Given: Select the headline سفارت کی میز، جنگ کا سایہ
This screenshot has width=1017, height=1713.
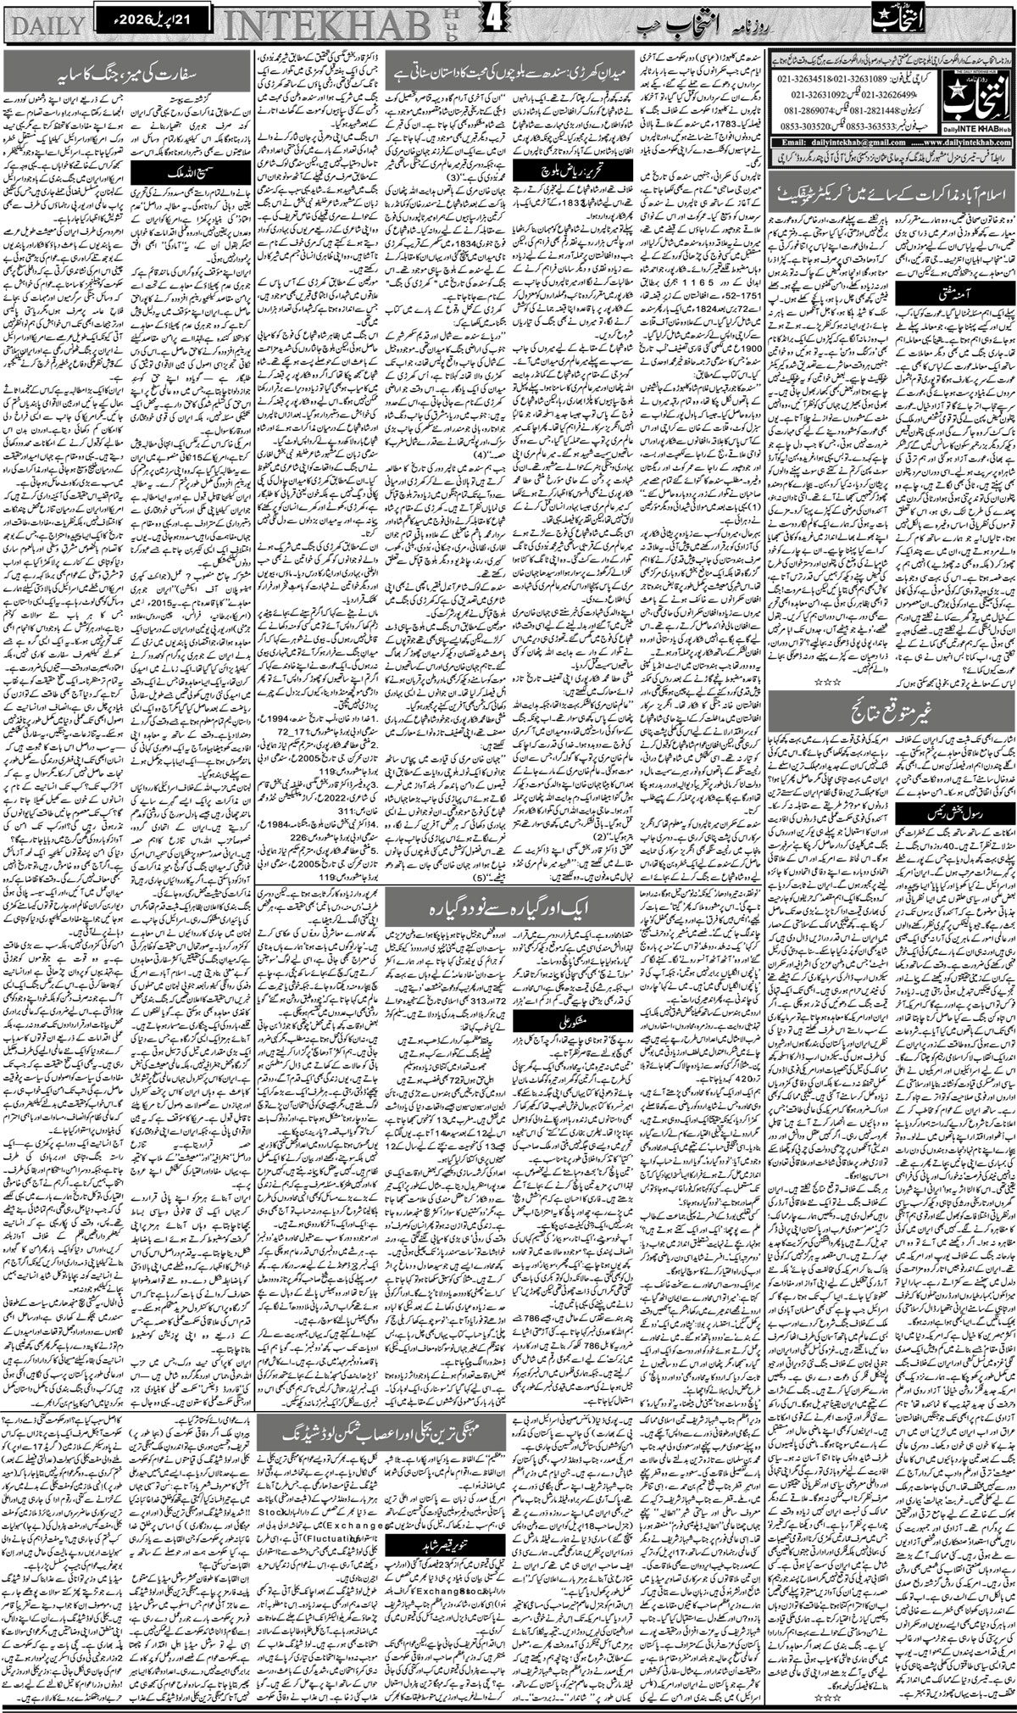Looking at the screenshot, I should click(128, 71).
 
